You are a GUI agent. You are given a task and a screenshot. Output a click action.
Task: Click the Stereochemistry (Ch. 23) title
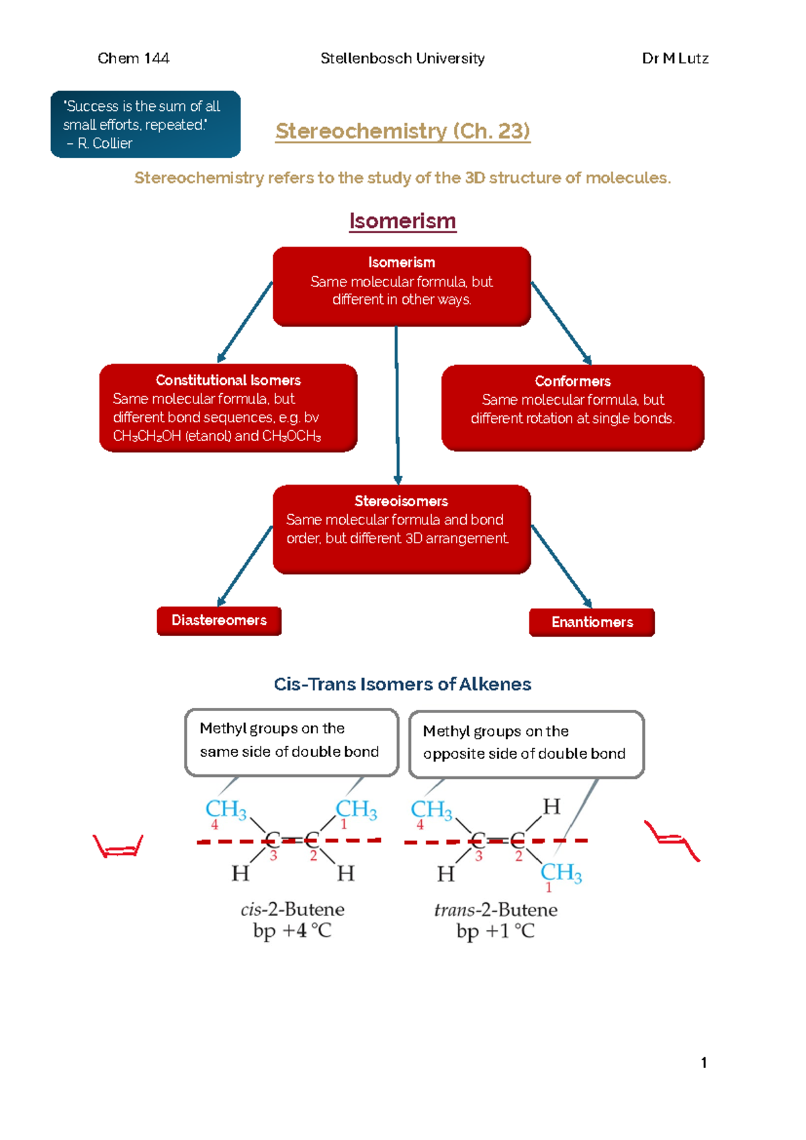coord(402,131)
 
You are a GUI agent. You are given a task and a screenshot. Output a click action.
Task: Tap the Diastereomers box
coord(219,620)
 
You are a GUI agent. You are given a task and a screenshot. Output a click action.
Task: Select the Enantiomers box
coord(592,622)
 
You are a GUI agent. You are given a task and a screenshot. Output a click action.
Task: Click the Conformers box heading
coord(572,382)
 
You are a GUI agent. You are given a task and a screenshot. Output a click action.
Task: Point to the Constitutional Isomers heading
coord(228,380)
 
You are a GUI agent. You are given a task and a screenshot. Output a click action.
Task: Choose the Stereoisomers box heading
coord(401,501)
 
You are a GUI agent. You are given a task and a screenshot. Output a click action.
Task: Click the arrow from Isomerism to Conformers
coord(561,322)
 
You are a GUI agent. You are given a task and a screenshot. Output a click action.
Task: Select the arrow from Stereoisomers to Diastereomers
coord(245,565)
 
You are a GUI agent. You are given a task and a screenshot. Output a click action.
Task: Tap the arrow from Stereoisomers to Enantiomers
coord(561,566)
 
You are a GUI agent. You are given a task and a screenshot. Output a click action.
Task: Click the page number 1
coord(703,1063)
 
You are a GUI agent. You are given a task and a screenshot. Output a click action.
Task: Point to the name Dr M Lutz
coord(675,58)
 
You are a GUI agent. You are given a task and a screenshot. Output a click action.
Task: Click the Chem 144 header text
coord(133,58)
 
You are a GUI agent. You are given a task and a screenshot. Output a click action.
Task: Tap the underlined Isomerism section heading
coord(402,221)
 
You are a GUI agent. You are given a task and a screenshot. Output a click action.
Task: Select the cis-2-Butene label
coord(292,909)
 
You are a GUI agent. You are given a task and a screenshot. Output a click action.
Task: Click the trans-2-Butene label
coord(496,910)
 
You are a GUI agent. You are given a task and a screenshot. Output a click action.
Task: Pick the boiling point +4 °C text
coord(292,931)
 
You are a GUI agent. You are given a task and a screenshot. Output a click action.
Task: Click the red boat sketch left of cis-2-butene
coord(118,846)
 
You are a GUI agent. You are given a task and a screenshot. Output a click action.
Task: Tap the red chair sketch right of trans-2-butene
coord(672,840)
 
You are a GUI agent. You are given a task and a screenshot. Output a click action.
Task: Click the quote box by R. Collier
coord(145,124)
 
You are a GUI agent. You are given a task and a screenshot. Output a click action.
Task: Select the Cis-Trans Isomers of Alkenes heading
coord(402,684)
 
